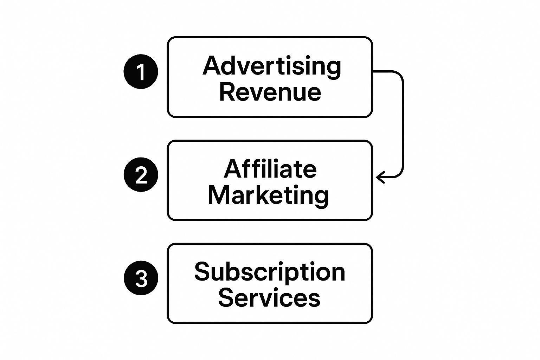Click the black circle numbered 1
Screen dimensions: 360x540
pos(141,71)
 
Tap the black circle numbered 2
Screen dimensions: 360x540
pos(141,174)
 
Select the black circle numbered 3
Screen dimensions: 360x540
pos(141,278)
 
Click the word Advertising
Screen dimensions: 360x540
pos(271,66)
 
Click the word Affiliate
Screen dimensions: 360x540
pos(270,169)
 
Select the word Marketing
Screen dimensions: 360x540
pos(268,195)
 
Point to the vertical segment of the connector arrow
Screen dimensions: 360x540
pos(403,123)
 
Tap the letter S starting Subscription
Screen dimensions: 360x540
pos(201,272)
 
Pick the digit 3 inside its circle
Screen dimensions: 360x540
pos(141,278)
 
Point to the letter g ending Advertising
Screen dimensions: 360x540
pos(334,68)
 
